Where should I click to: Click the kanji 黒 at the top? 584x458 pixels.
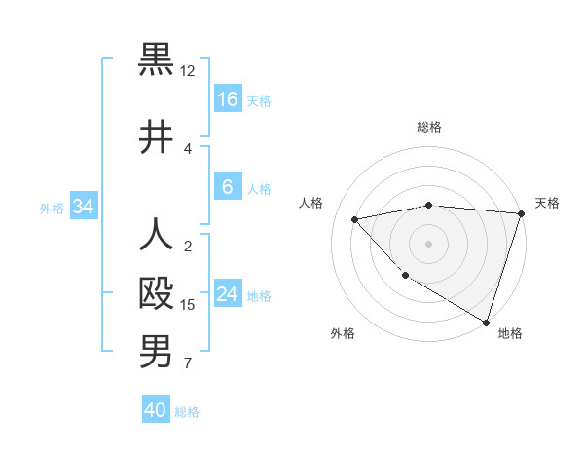tap(156, 59)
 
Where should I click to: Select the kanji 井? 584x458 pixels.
tap(156, 137)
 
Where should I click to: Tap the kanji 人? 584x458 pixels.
tap(156, 235)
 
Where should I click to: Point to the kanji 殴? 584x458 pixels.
tap(156, 293)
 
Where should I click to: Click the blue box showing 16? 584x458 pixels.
tap(228, 99)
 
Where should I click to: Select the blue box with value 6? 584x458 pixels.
tap(228, 187)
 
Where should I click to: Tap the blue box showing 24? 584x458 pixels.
tap(228, 294)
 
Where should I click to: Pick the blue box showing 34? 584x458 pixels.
tap(84, 207)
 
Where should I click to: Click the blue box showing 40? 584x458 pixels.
tap(156, 410)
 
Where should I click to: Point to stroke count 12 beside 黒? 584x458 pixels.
tap(188, 71)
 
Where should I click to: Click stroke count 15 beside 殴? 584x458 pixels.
tap(188, 305)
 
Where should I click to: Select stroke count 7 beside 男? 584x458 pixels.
tap(188, 363)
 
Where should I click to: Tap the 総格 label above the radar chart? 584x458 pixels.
tap(429, 127)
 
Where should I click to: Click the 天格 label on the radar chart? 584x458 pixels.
tap(547, 203)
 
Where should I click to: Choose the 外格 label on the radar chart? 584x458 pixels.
tap(343, 333)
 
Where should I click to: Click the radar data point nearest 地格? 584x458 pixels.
tap(486, 321)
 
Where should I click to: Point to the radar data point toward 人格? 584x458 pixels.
tap(355, 219)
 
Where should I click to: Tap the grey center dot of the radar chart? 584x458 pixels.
tap(429, 243)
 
